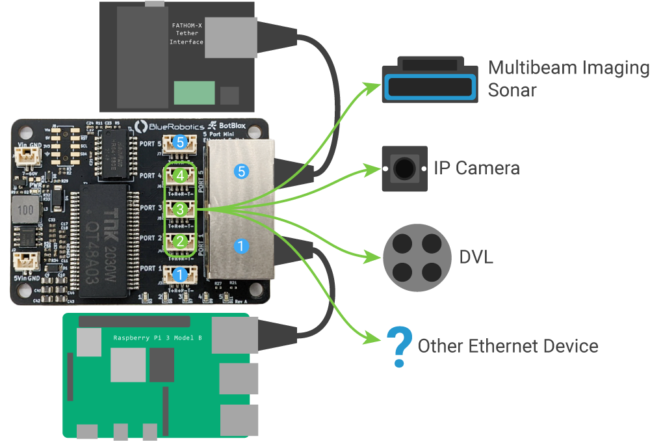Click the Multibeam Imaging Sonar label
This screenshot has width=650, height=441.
pyautogui.click(x=568, y=78)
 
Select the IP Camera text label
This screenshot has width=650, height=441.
pyautogui.click(x=476, y=168)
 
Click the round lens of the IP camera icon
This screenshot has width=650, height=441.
pyautogui.click(x=405, y=168)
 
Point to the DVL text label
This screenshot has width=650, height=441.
pyautogui.click(x=476, y=257)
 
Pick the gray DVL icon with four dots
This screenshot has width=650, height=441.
pyautogui.click(x=417, y=256)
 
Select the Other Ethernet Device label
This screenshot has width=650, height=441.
pyautogui.click(x=508, y=346)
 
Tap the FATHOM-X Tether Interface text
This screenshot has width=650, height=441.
pyautogui.click(x=187, y=34)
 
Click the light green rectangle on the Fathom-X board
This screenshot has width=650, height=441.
pyautogui.click(x=194, y=94)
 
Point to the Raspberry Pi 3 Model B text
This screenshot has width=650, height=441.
pyautogui.click(x=157, y=338)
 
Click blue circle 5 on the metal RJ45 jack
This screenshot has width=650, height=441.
pyautogui.click(x=241, y=172)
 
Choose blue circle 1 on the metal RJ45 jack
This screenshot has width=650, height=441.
pyautogui.click(x=241, y=247)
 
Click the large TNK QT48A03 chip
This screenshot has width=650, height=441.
pyautogui.click(x=105, y=237)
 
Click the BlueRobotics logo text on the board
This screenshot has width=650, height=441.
pyautogui.click(x=168, y=126)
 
